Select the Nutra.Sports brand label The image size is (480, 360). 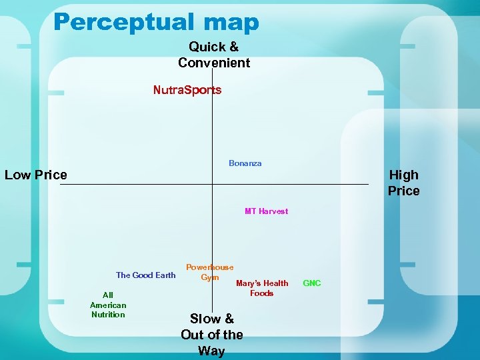coord(187,90)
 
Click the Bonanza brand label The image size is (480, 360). coord(245,163)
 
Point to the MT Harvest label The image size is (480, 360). coord(266,211)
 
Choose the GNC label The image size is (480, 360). coord(312,283)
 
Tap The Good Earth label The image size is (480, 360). coord(145,275)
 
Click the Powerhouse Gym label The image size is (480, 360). coord(210,272)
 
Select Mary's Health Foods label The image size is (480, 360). coord(262,288)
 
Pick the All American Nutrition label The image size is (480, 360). coord(108,305)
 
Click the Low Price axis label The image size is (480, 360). coord(36,175)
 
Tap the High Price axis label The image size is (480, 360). coord(404,183)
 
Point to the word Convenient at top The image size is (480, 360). coord(214,63)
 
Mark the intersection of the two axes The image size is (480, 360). coord(212,184)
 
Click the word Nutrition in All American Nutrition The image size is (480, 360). coord(108,315)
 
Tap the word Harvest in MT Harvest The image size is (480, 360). coord(273,211)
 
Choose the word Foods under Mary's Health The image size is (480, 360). coord(262,293)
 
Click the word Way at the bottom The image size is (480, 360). coord(211,351)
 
